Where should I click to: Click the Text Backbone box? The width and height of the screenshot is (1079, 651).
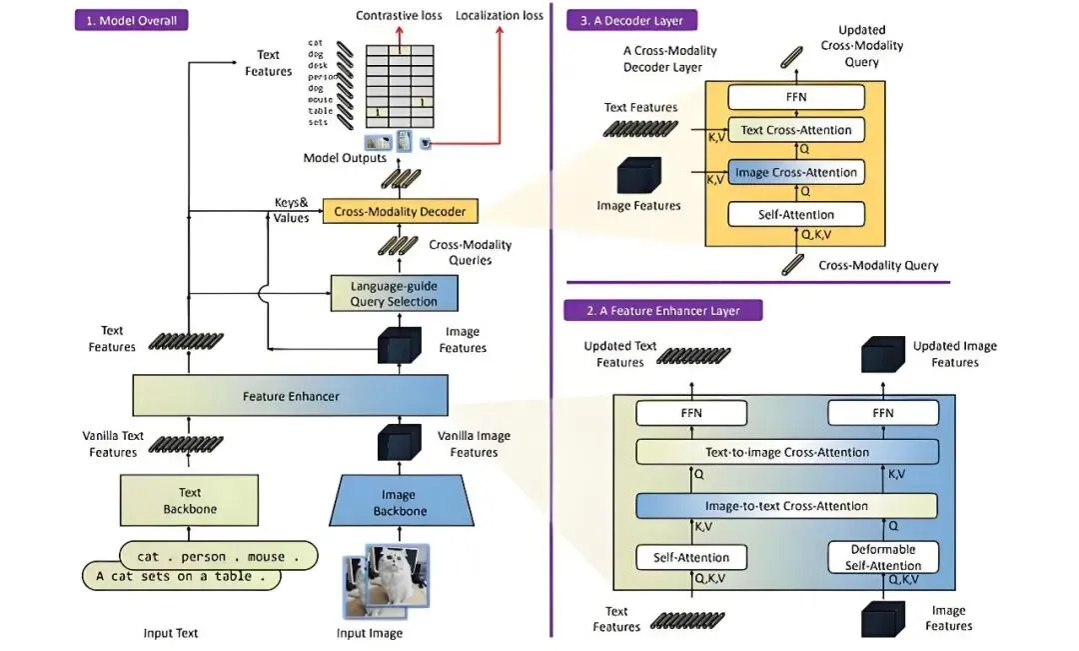pyautogui.click(x=190, y=500)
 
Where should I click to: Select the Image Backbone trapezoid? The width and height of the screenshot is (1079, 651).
pyautogui.click(x=400, y=503)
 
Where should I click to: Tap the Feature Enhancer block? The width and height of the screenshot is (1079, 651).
pyautogui.click(x=291, y=396)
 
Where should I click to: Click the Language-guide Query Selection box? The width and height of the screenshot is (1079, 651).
pyautogui.click(x=394, y=293)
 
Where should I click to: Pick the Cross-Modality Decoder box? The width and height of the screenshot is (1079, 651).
pyautogui.click(x=400, y=211)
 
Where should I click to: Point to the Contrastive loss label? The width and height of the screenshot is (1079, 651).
pyautogui.click(x=398, y=16)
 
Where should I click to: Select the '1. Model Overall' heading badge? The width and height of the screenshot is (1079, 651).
pyautogui.click(x=131, y=20)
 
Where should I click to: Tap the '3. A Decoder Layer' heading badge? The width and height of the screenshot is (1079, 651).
pyautogui.click(x=631, y=20)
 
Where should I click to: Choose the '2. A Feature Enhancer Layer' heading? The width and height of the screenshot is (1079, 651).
pyautogui.click(x=663, y=310)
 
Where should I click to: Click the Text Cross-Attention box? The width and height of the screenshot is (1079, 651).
pyautogui.click(x=796, y=130)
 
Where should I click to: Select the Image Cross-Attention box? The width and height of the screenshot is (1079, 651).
pyautogui.click(x=796, y=172)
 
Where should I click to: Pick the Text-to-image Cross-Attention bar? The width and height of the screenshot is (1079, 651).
pyautogui.click(x=787, y=452)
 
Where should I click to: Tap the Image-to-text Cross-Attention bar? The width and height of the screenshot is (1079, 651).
pyautogui.click(x=787, y=506)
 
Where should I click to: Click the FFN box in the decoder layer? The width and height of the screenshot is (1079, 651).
pyautogui.click(x=796, y=97)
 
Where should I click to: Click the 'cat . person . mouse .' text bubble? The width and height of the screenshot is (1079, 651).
pyautogui.click(x=219, y=556)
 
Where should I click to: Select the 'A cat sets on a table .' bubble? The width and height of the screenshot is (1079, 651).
pyautogui.click(x=181, y=576)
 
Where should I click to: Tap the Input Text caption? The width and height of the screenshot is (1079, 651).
pyautogui.click(x=171, y=633)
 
